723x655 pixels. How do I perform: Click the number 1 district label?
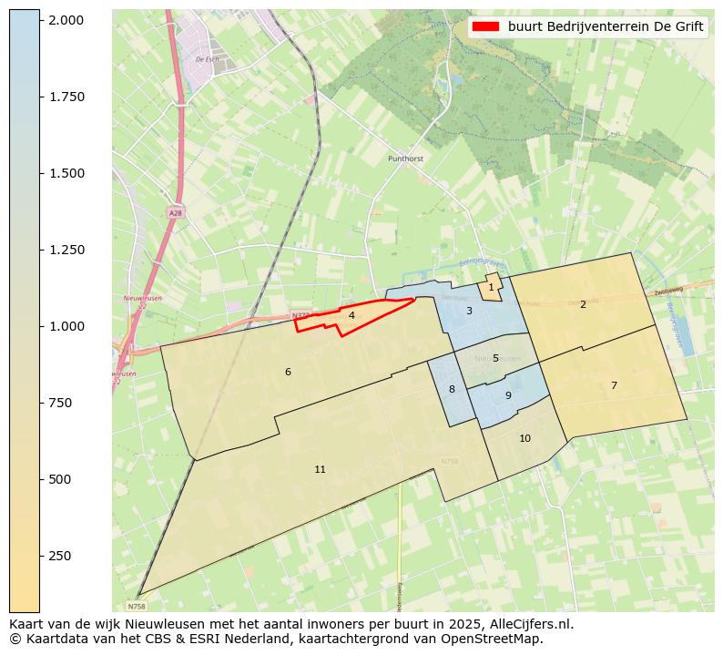pos(491,287)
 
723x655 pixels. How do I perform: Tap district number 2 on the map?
pos(583,304)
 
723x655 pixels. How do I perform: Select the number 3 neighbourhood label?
pos(469,311)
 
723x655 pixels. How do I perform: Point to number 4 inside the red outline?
pos(351,315)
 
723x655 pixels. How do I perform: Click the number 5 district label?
pos(495,358)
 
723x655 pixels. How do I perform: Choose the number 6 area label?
pos(288,372)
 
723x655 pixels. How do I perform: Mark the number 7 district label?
pos(614,385)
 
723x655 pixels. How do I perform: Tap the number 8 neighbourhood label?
pos(452,389)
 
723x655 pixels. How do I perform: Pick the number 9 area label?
pos(508,395)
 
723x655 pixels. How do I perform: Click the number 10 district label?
pos(524,438)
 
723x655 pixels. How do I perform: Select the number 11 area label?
pos(320,469)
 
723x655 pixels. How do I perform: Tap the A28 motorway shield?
pos(175,212)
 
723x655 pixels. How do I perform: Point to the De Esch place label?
pos(207,59)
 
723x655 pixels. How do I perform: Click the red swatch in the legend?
pos(487,26)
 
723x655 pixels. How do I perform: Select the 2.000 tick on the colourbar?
pos(66,20)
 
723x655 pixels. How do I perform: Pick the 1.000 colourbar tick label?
pos(66,326)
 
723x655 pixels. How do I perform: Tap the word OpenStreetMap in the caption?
pos(492,639)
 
